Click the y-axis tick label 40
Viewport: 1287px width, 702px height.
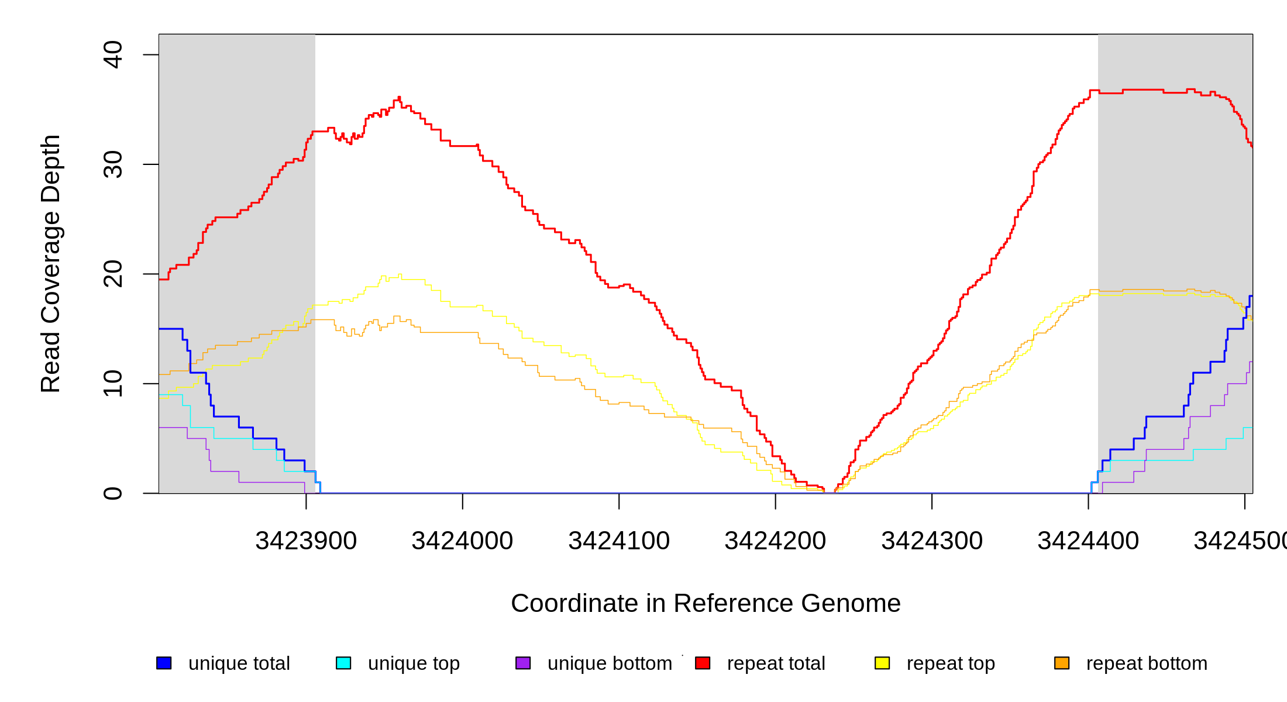[x=112, y=55]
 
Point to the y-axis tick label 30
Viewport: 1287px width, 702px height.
[x=112, y=164]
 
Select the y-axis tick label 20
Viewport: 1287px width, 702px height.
[x=112, y=274]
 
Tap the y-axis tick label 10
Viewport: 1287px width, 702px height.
[x=112, y=384]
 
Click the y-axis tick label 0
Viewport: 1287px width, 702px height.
[x=112, y=493]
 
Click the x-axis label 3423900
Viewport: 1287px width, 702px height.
[x=306, y=541]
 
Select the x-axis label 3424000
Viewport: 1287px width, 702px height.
[x=462, y=541]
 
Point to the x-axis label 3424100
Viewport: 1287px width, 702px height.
[x=619, y=541]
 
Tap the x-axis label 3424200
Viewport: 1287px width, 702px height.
[x=775, y=541]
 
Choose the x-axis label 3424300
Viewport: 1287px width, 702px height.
[x=932, y=541]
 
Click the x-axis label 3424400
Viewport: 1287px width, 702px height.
[x=1088, y=541]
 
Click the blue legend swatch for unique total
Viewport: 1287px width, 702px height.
[x=164, y=663]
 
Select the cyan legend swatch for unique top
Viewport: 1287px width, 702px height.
[x=343, y=663]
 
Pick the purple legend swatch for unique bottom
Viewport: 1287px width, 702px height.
[x=523, y=663]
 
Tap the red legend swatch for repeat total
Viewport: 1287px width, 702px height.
[x=703, y=663]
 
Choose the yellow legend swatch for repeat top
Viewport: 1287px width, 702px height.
[x=882, y=663]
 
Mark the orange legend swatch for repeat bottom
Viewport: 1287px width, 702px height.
[x=1062, y=663]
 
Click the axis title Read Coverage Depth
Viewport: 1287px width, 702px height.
[x=51, y=263]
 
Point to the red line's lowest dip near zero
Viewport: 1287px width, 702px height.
[x=830, y=493]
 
